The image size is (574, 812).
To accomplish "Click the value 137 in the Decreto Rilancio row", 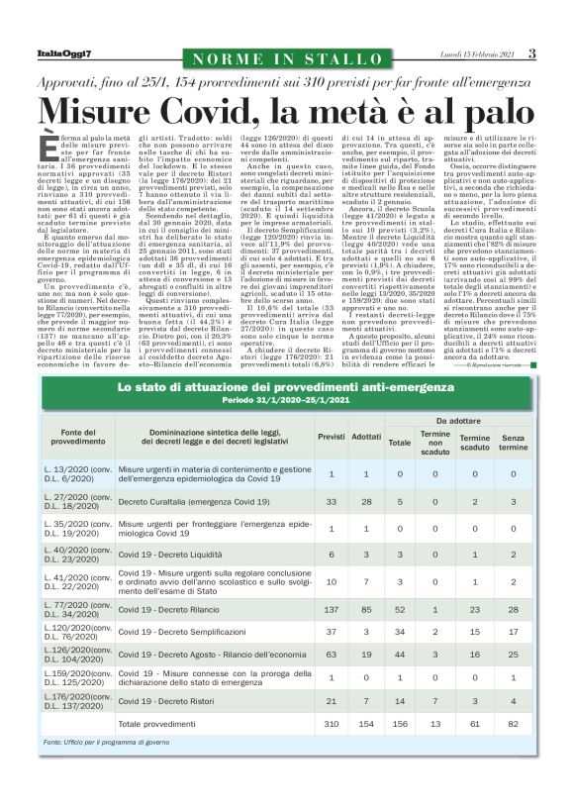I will (331, 608).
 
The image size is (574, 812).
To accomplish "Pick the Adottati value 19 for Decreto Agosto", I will (365, 655).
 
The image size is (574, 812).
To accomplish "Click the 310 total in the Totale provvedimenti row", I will (331, 725).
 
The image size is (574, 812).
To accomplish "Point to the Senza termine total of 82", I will (513, 725).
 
